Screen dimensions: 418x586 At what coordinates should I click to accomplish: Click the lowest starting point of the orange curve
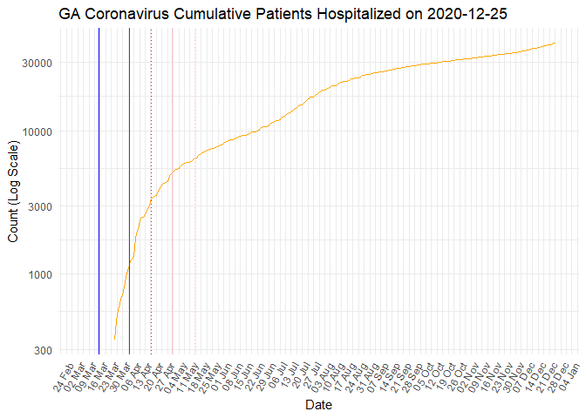tap(115, 339)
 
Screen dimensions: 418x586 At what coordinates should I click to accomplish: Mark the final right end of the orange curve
tap(555, 43)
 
